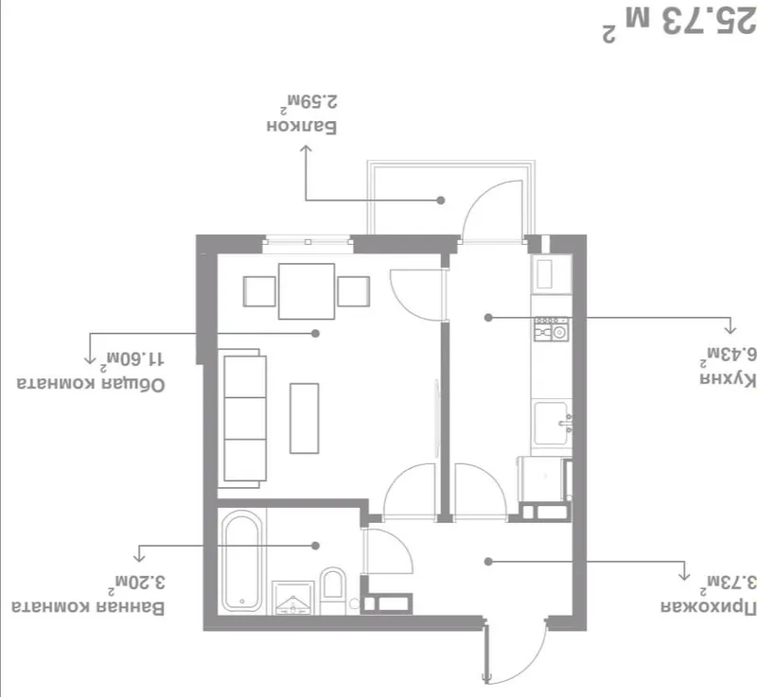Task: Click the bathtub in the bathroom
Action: tap(243, 561)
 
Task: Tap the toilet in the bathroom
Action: tap(333, 590)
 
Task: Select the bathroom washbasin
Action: tap(293, 598)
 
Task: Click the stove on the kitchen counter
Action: tap(551, 328)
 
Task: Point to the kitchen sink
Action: tap(552, 423)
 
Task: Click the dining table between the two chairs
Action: tap(307, 291)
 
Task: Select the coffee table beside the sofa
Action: tap(304, 418)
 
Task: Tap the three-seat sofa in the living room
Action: tap(243, 418)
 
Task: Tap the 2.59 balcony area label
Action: tap(312, 102)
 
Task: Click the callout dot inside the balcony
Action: tap(440, 200)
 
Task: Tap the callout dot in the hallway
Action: tap(488, 562)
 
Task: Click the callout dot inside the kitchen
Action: tap(488, 318)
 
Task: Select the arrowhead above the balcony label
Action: tap(306, 149)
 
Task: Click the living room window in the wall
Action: tap(308, 242)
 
